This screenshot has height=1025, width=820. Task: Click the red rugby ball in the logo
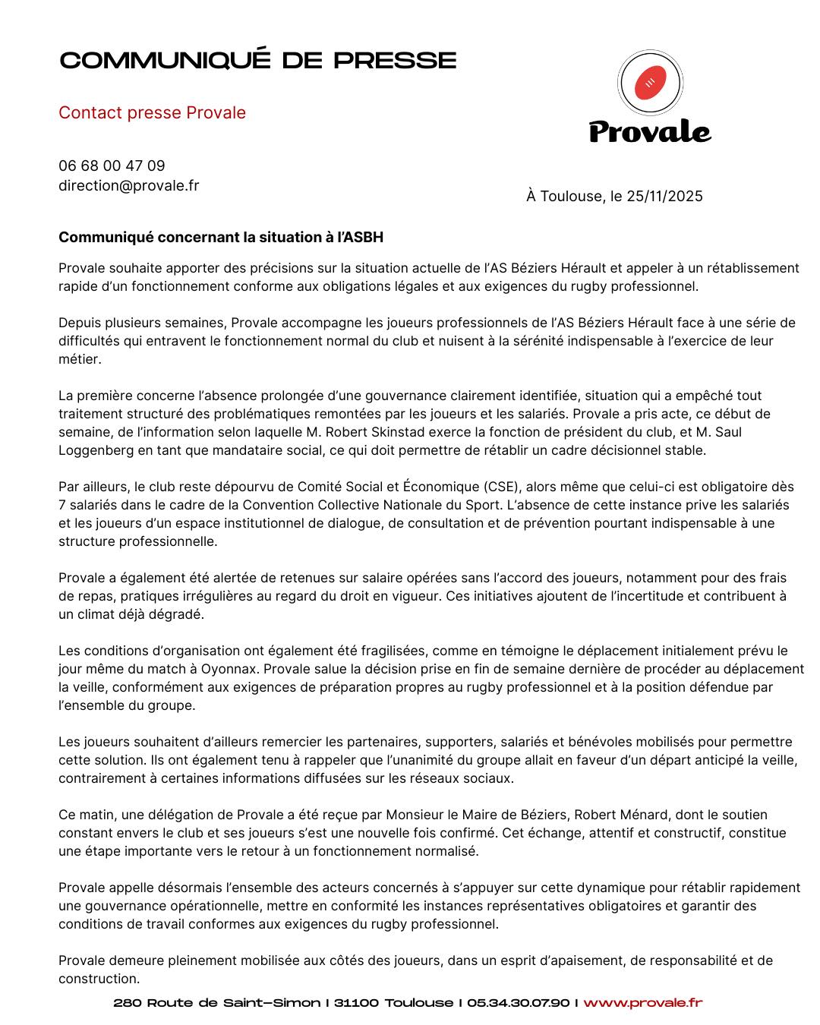pos(650,83)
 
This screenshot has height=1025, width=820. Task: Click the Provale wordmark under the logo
pos(650,131)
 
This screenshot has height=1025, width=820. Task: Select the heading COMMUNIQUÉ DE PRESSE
pos(258,61)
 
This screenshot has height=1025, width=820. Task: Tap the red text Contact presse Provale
pos(152,112)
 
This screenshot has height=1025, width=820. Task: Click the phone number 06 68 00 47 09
pos(112,166)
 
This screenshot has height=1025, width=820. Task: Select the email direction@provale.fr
pos(129,185)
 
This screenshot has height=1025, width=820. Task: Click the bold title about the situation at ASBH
pos(221,237)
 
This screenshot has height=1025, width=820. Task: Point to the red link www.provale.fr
pos(643,1003)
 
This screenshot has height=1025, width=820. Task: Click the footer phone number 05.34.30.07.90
pos(518,1003)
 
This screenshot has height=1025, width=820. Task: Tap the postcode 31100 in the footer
pos(356,1003)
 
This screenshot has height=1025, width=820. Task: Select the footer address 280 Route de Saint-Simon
pos(217,1003)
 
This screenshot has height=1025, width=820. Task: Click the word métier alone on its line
pos(80,359)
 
